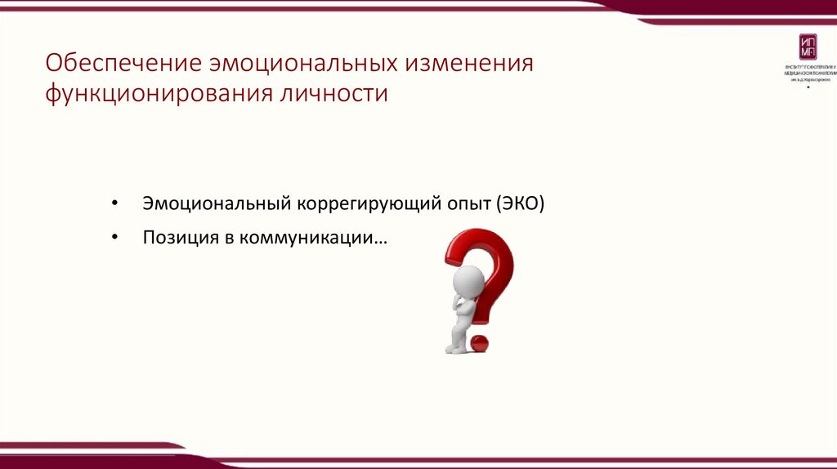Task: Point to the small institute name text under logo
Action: pyautogui.click(x=807, y=72)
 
